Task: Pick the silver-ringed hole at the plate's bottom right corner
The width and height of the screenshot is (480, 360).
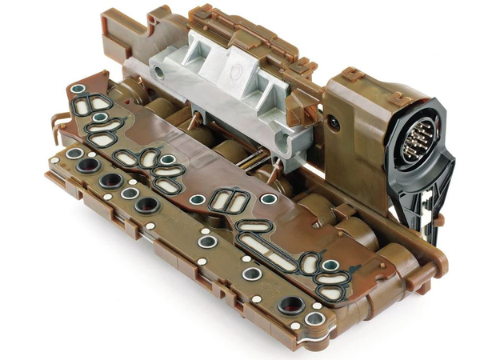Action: click(314, 319)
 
